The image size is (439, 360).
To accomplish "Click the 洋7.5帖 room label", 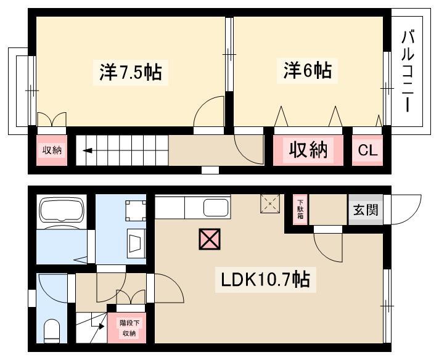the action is (131, 72).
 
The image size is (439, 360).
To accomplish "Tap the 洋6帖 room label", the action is (308, 70).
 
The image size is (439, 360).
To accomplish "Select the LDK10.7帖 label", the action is (265, 279).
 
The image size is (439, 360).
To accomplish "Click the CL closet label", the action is (367, 150).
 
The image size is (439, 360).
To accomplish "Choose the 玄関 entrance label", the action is (366, 210).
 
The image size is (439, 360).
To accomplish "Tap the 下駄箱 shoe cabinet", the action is (300, 210).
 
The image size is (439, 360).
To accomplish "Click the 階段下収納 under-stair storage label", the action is (129, 328).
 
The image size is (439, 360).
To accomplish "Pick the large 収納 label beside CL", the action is (308, 150).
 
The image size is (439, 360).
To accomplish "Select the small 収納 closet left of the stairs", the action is (52, 150).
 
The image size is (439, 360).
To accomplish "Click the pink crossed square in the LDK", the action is (210, 239).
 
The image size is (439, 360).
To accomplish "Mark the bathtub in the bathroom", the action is (62, 210).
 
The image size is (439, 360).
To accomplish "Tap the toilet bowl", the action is (52, 331).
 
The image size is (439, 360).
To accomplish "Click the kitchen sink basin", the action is (215, 208).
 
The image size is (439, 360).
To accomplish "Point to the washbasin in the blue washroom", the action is (137, 243).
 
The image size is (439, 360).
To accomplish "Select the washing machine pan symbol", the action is (136, 210).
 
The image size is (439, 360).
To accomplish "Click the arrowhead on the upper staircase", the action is (88, 151).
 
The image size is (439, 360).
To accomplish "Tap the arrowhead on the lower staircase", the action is (101, 327).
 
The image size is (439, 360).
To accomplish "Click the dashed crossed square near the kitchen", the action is (270, 204).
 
